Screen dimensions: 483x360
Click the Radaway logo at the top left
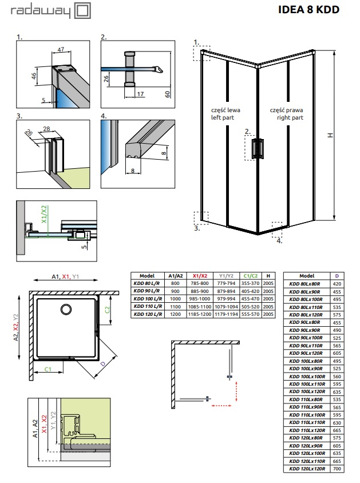(x=54, y=10)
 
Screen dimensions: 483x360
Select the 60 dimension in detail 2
(x=167, y=94)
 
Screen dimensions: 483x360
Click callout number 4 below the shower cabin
(x=280, y=241)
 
